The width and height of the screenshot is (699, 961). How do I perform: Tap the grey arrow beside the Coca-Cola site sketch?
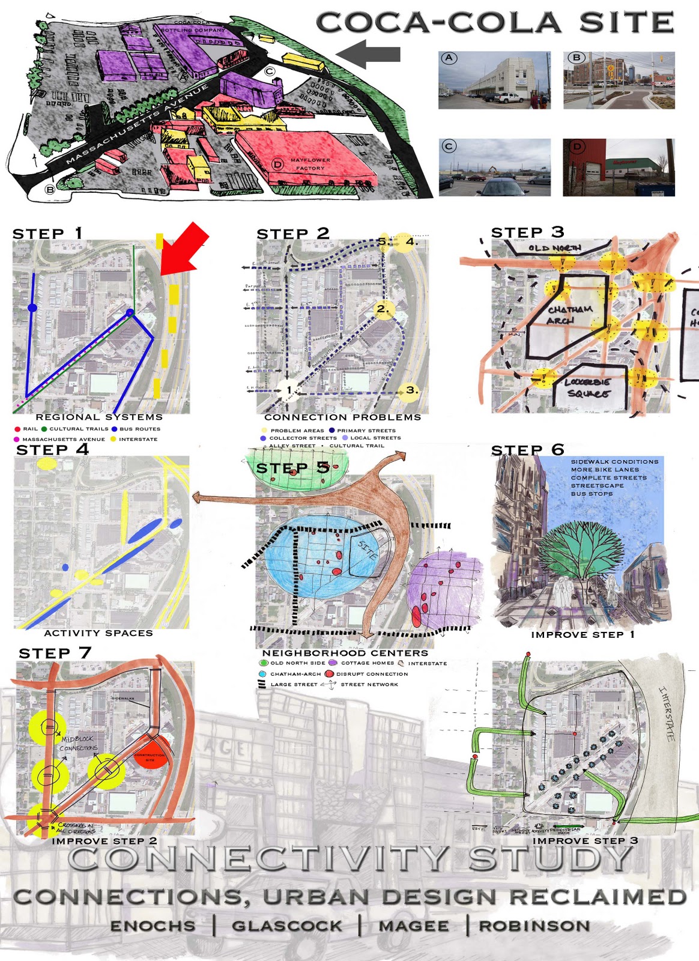tap(368, 54)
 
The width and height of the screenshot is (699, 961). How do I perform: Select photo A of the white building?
tap(494, 80)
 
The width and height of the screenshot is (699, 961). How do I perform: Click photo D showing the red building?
tap(619, 168)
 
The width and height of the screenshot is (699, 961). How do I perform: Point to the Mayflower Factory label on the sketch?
tap(310, 164)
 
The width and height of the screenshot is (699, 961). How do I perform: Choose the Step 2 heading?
tap(292, 234)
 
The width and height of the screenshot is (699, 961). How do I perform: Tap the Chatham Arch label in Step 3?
tap(569, 315)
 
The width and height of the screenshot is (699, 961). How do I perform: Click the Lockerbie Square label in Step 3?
tap(587, 387)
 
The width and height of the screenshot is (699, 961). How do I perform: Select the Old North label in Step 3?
tap(554, 247)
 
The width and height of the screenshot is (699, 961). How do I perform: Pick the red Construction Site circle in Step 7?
tap(150, 757)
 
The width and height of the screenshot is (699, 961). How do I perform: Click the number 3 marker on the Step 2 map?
tap(411, 390)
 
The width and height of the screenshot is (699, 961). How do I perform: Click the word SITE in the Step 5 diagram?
tap(368, 550)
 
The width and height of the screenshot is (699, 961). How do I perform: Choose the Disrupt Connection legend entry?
tap(367, 674)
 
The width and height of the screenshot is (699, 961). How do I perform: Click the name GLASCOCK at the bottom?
tap(287, 926)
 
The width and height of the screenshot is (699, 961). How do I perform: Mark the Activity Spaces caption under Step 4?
tap(98, 633)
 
